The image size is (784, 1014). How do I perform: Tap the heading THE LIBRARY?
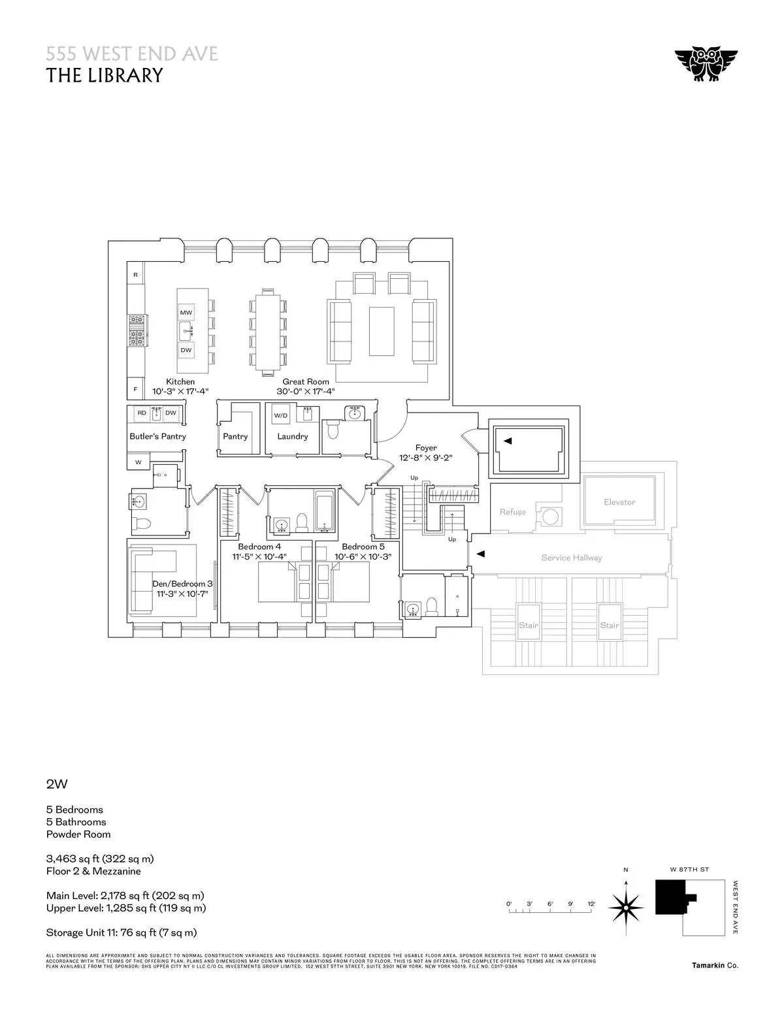pos(104,75)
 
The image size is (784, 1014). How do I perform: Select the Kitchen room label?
pos(180,381)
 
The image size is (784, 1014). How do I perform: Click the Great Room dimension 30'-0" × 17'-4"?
pos(305,391)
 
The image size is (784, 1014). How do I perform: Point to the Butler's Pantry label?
pos(157,436)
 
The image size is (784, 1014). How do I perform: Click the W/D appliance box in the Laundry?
pos(280,415)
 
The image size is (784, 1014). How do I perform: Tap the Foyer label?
pos(425,448)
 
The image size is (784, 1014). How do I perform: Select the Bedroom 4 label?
pos(259,547)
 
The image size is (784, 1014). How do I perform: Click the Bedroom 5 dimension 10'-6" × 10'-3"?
pos(363,557)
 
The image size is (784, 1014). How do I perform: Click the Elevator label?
pos(619,502)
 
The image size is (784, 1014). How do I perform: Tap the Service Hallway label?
pos(571,558)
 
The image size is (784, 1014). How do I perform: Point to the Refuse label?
pos(512,512)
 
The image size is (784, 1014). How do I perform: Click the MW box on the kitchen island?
pos(186,313)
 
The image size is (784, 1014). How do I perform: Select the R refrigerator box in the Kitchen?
pos(135,275)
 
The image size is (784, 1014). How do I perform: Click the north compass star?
pos(626,907)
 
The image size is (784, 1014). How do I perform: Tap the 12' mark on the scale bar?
pos(591,904)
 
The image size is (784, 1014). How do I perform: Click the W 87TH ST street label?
pos(689,870)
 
